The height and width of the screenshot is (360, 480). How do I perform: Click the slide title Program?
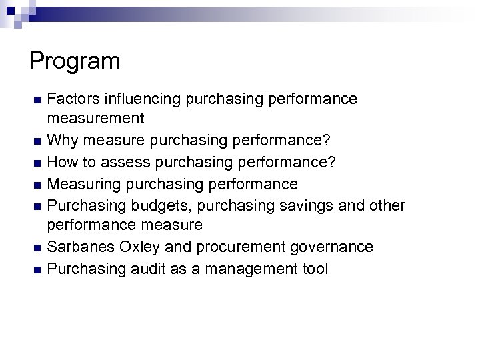pos(75,61)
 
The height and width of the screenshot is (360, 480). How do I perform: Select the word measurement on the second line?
pos(95,119)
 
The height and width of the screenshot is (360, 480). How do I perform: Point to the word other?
pos(387,205)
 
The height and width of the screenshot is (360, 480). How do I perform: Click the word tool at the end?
pos(314,269)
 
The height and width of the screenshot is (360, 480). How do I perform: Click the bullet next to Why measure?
pos(37,142)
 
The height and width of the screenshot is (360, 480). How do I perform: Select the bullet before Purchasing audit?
pos(37,270)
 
